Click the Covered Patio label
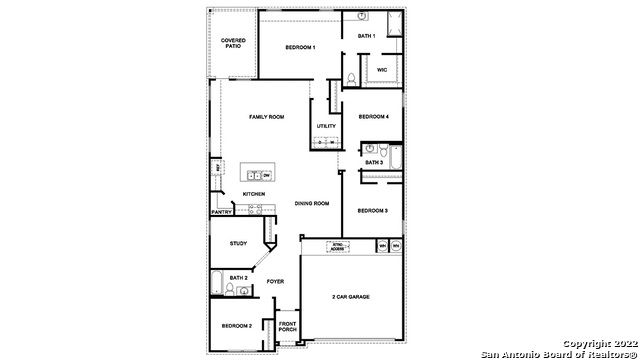point(232,43)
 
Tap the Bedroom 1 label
point(300,48)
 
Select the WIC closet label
point(382,69)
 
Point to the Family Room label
point(267,117)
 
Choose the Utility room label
point(326,126)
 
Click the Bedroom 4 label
point(373,116)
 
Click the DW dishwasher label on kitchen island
point(267,175)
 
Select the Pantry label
point(222,211)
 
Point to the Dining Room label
point(312,203)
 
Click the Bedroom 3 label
point(373,210)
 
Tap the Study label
point(238,242)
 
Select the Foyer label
point(275,281)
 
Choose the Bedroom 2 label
point(236,327)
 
